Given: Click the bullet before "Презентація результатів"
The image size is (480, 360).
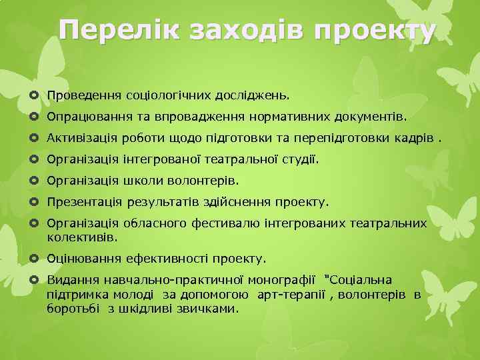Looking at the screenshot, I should point(34,201).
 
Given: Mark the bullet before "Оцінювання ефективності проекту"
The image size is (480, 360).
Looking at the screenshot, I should point(34,258).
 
